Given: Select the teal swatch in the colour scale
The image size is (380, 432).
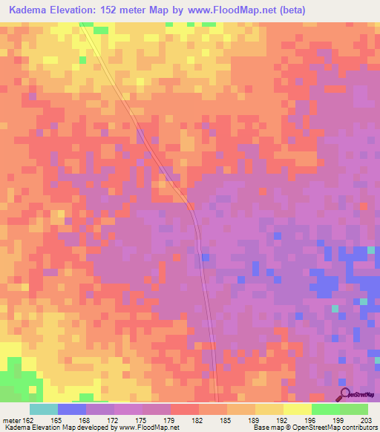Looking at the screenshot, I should click(44, 409).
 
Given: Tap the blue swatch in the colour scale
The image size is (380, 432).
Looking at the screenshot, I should click(72, 409).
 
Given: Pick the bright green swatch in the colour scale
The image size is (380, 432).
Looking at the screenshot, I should click(326, 409).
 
